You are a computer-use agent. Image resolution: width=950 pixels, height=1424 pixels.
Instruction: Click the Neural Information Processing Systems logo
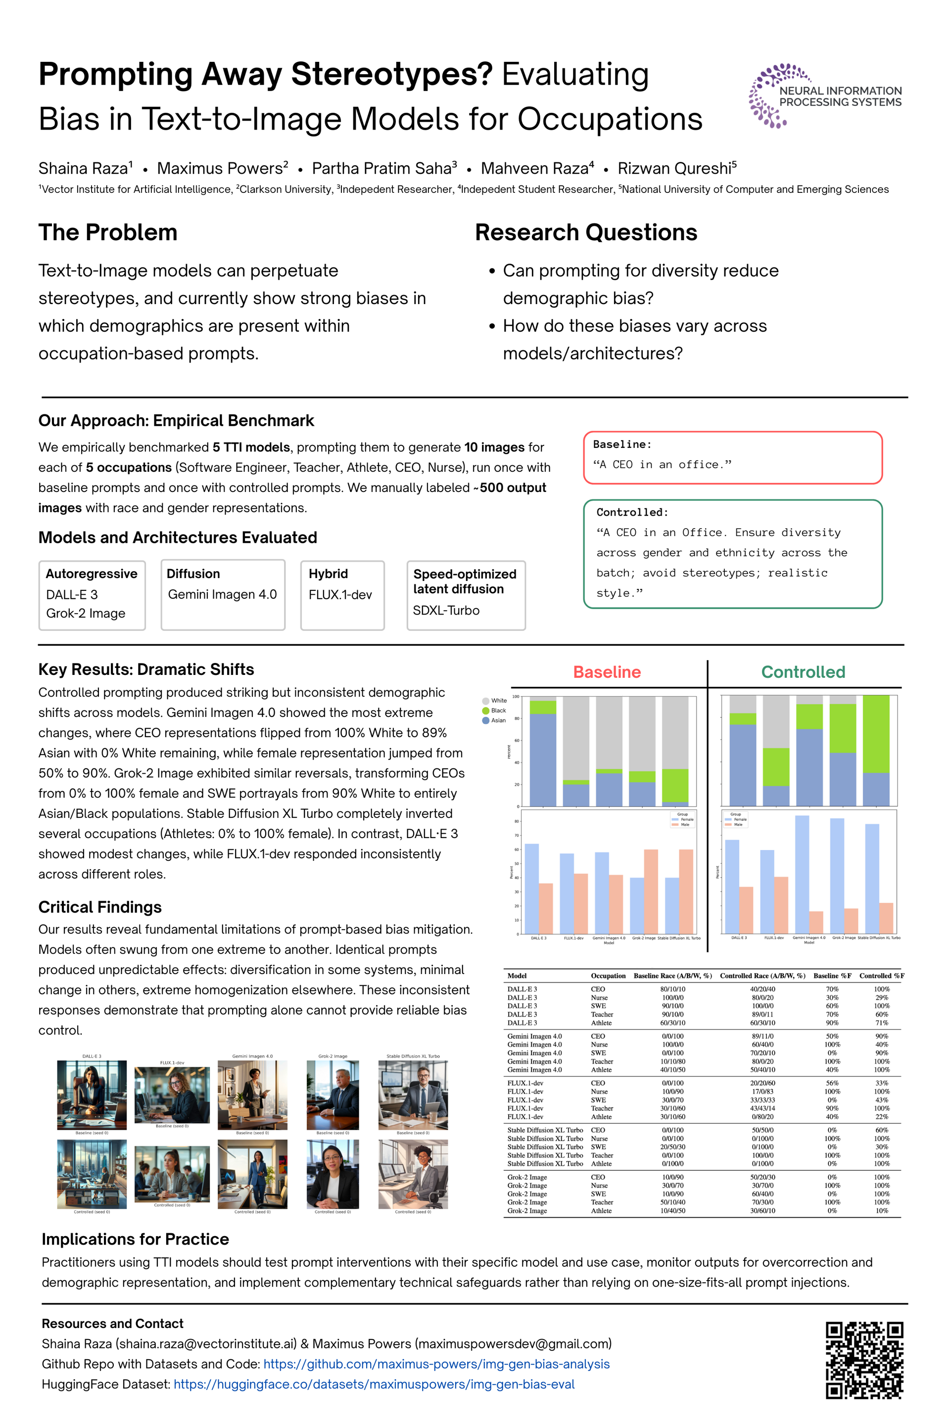tap(825, 95)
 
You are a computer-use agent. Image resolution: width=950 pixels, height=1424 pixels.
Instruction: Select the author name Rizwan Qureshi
tap(676, 168)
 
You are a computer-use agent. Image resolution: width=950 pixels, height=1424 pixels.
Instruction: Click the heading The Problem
tap(108, 232)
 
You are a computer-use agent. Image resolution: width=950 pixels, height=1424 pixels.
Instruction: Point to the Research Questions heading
tap(585, 232)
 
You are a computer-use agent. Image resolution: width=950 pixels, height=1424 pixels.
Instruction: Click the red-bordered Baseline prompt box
tap(732, 458)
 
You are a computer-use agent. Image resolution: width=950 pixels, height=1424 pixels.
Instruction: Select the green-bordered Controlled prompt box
tap(732, 553)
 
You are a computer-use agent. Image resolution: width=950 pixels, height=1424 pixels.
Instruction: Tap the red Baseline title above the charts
tap(607, 672)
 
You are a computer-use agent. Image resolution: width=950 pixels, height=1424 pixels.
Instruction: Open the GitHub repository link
tap(436, 1364)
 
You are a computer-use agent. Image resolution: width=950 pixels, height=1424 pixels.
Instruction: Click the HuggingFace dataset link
tap(374, 1384)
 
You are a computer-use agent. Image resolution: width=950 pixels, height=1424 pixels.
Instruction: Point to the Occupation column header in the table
tap(608, 976)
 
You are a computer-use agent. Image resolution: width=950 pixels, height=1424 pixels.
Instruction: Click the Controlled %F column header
tap(881, 976)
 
